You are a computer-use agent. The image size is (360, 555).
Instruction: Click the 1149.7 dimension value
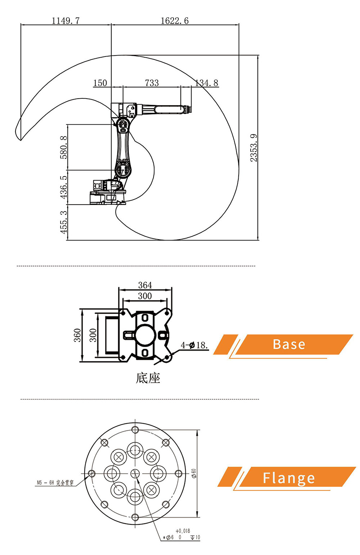tap(66, 21)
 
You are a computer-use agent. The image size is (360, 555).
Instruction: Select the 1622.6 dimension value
tap(175, 21)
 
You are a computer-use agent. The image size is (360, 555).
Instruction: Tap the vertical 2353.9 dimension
tap(254, 148)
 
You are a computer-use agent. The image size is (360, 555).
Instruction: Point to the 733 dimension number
tap(152, 83)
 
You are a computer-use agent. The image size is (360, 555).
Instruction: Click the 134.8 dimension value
tap(207, 83)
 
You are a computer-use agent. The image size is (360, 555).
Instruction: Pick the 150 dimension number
tap(100, 83)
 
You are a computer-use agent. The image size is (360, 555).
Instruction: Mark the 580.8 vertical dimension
tap(63, 147)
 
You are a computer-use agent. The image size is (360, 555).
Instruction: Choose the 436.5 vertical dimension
tap(63, 187)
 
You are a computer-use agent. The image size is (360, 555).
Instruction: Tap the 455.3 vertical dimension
tap(63, 222)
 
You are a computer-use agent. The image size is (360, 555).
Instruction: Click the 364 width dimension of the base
tap(145, 285)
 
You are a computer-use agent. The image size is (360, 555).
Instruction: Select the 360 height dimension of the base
tap(77, 335)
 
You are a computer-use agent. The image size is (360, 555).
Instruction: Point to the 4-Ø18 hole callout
tap(194, 345)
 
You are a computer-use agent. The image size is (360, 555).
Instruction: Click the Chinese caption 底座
tap(148, 378)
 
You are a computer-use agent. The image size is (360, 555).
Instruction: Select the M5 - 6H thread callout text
tap(55, 483)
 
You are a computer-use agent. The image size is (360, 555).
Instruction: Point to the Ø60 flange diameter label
tap(194, 473)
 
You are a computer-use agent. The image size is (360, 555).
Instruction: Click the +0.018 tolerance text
tap(183, 531)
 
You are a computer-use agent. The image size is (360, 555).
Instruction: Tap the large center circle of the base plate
tap(145, 335)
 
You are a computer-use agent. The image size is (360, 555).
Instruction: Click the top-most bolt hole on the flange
tap(135, 429)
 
